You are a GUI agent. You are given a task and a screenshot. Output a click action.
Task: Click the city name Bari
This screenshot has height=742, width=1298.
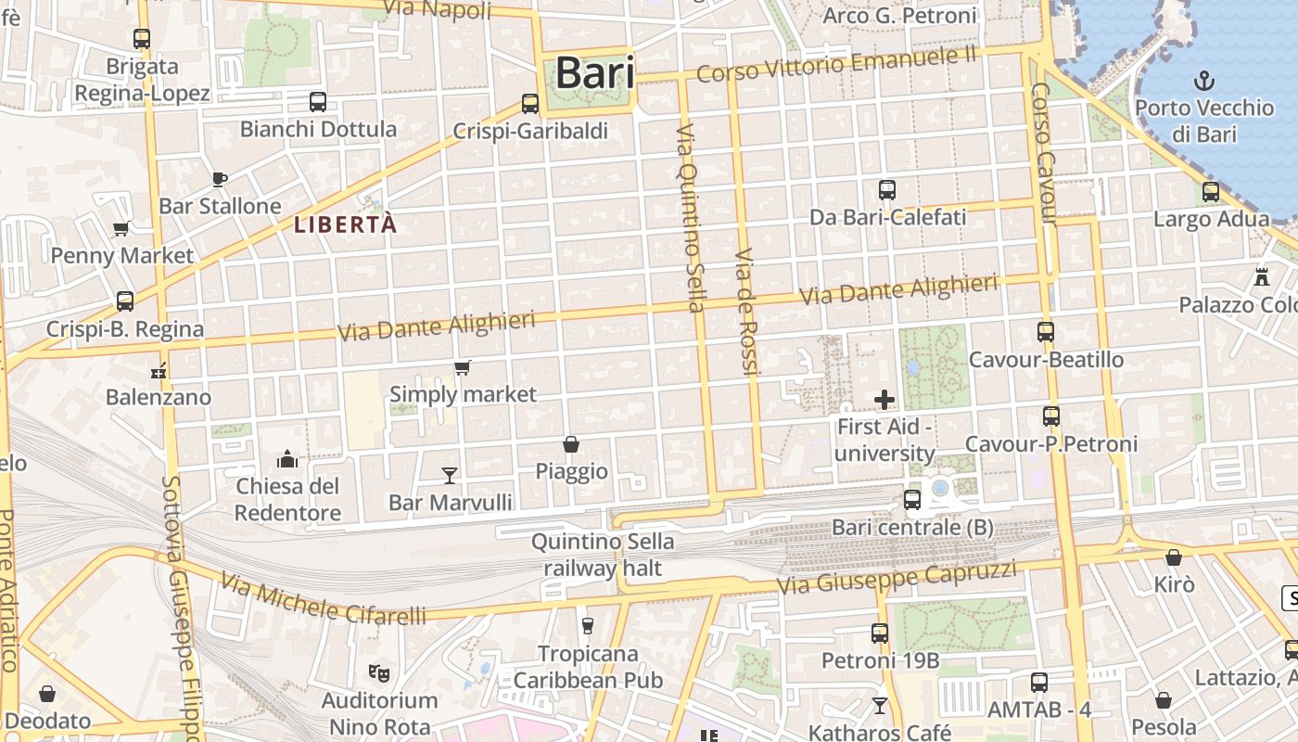point(594,73)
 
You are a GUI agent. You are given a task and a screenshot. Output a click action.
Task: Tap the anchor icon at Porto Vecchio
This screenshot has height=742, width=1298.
point(1203,79)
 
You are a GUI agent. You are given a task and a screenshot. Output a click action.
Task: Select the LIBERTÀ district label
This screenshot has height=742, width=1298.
point(346,224)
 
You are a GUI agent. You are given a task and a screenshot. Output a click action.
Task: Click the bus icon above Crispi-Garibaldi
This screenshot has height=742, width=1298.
point(530,103)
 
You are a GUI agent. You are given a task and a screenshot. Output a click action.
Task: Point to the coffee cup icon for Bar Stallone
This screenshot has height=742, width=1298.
point(220,179)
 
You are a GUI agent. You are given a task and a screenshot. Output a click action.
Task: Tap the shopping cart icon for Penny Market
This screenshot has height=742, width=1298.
point(121,228)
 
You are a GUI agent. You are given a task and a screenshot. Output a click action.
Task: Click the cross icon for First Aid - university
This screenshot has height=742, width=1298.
point(884,400)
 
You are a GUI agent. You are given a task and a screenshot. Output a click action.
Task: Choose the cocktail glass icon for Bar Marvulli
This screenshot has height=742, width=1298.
point(450,476)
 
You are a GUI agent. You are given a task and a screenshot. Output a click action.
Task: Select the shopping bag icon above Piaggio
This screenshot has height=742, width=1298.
point(571,445)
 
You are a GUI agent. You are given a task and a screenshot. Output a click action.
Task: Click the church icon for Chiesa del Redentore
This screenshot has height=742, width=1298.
point(287,459)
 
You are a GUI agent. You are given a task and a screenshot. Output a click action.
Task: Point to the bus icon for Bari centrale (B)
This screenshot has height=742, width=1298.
point(912,500)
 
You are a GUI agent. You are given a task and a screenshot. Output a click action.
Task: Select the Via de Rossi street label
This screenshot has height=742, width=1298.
point(747,312)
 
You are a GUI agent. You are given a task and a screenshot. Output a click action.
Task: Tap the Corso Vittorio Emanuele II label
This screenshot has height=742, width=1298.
point(837,65)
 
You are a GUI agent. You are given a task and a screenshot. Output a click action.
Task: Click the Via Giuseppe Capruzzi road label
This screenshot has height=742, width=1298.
point(897,577)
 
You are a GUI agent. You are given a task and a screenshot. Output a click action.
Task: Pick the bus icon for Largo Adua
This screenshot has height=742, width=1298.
point(1211,192)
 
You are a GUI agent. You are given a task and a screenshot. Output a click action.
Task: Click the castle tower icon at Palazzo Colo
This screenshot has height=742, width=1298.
point(1261,276)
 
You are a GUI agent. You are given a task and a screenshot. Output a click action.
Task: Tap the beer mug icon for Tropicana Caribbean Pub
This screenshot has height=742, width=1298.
point(587,626)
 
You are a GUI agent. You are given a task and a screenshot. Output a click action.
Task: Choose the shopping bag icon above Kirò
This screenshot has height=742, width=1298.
point(1174,557)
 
